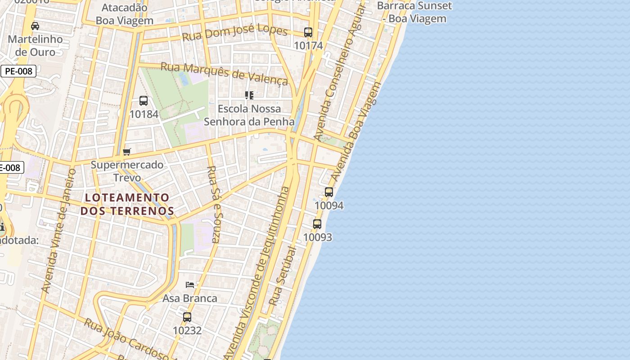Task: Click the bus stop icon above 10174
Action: pos(308,32)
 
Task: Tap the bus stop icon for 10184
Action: pos(144,101)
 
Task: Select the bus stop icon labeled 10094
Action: pos(329,192)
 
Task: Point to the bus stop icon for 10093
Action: pos(317,224)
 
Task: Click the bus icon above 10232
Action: pos(187,317)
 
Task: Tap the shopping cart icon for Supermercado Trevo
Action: pos(127,152)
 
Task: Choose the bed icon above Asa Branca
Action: pos(190,285)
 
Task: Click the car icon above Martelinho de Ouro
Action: pos(35,26)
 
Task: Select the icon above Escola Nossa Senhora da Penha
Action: pos(249,95)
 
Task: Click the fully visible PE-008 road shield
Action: pos(18,71)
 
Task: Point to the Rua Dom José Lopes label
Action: pos(234,33)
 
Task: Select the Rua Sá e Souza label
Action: pos(214,205)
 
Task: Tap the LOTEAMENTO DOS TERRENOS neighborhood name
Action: pos(127,204)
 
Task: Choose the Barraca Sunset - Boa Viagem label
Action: pos(414,12)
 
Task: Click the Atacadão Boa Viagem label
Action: pos(125,14)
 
